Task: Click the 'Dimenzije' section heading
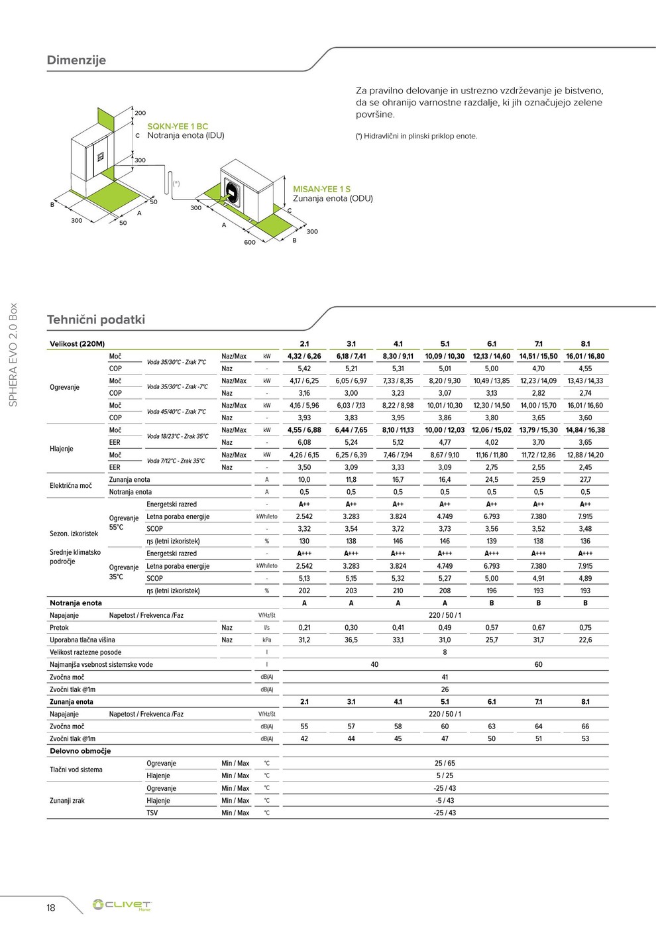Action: coord(76,60)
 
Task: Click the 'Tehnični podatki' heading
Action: coord(96,319)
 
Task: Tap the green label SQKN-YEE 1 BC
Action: coord(178,126)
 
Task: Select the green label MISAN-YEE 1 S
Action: coord(322,189)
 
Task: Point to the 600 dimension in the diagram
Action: coord(249,243)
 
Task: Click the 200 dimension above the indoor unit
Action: coord(140,113)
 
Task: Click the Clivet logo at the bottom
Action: coord(122,905)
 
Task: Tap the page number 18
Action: coord(51,907)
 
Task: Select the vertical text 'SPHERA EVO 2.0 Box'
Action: coord(13,355)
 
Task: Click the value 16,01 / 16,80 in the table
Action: coord(585,356)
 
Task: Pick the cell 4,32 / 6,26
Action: coord(304,356)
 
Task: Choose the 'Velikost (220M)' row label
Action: coord(78,344)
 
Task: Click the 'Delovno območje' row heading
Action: coord(80,751)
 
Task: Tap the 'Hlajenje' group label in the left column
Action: coord(62,449)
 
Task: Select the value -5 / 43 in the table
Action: coord(445,801)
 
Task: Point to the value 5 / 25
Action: coord(445,776)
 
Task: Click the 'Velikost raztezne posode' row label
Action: coord(85,652)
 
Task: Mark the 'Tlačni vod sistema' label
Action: coord(76,770)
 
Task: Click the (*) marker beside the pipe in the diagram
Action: coord(176,183)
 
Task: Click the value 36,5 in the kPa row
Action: coord(351,640)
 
